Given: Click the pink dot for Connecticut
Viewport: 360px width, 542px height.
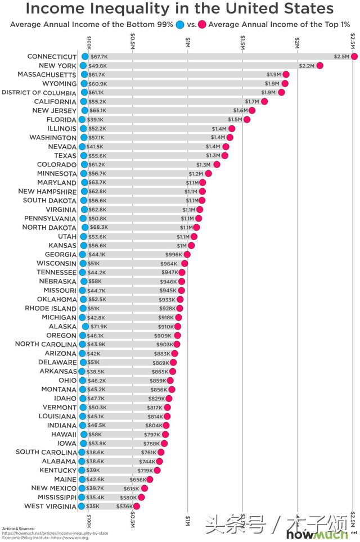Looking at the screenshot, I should [354, 57].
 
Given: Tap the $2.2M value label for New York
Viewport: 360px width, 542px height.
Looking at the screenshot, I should [307, 66].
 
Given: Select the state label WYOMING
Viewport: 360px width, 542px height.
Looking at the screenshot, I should [55, 84].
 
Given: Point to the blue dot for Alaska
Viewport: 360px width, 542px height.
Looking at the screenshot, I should [85, 326].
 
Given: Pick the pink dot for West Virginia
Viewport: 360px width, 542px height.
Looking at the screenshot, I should [136, 506].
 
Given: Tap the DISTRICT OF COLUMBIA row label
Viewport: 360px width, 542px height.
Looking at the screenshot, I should [39, 93].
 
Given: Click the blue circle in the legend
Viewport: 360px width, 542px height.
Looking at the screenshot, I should [180, 24].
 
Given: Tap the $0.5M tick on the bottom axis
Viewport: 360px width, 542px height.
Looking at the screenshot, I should [133, 517].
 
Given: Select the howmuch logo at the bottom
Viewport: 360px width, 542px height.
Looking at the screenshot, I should [310, 534].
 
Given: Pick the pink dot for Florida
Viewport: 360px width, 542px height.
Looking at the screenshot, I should [246, 120].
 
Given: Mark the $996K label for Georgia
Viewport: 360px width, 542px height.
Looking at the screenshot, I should [173, 254].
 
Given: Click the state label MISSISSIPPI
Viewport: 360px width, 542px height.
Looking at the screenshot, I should [49, 497].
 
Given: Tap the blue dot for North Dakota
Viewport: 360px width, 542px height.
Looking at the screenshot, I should [85, 227].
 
